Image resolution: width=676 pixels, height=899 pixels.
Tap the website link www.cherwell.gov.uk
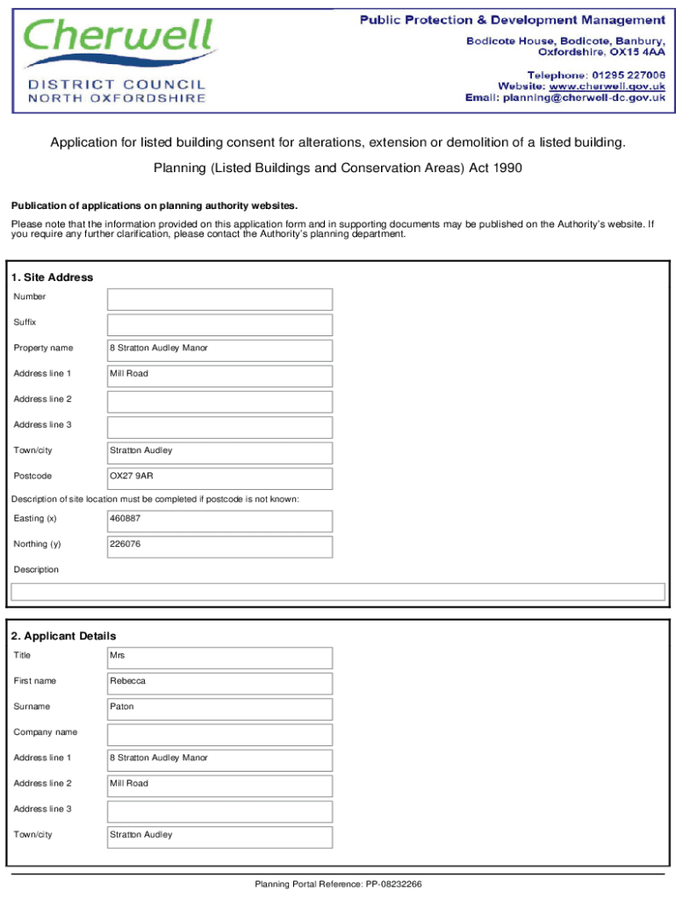607,86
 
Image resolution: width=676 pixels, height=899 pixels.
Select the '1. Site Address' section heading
52,277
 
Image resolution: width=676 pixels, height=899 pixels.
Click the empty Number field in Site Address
219,299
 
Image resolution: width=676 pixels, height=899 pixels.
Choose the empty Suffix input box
219,325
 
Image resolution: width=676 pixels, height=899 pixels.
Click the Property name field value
159,349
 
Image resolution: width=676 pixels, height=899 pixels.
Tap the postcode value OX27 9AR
132,477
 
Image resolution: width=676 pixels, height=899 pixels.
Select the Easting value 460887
125,519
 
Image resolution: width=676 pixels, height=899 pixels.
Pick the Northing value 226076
125,544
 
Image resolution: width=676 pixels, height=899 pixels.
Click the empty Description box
337,592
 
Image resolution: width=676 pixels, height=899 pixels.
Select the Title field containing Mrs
219,656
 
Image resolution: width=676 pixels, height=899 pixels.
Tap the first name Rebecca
128,681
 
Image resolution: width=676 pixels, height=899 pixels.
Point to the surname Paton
122,707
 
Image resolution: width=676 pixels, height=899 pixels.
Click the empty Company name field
219,734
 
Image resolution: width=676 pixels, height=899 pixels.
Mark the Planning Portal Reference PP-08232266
338,884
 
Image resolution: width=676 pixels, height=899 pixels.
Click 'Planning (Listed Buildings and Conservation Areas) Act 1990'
338,168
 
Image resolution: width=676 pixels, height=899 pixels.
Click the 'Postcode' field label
32,477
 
